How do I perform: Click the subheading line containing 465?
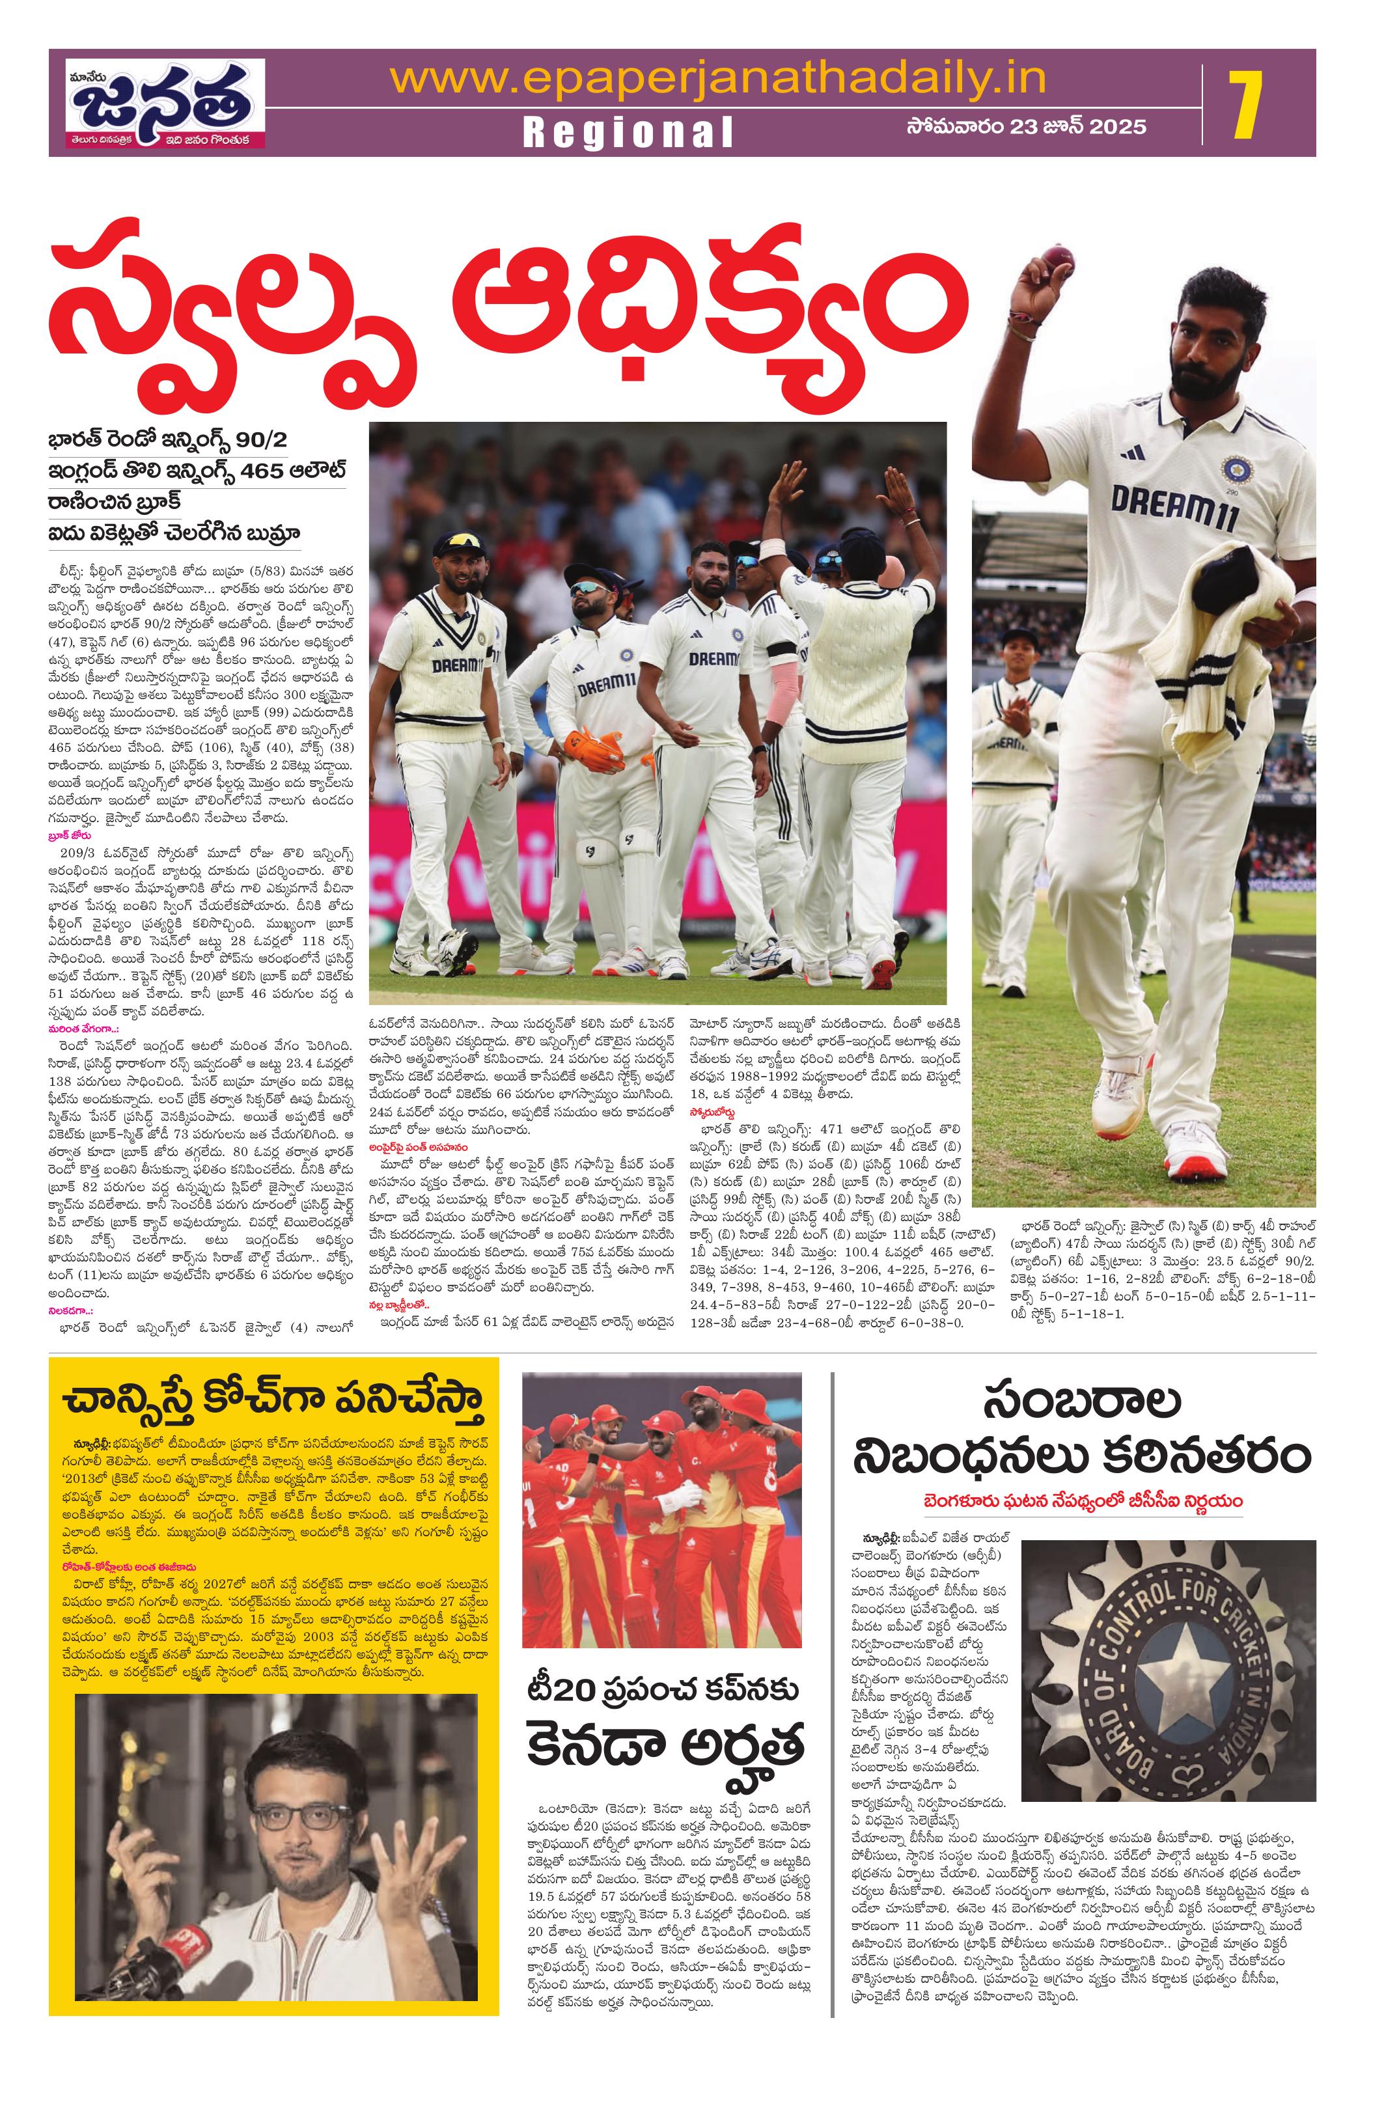pyautogui.click(x=197, y=472)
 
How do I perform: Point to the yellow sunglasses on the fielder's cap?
pyautogui.click(x=460, y=540)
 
